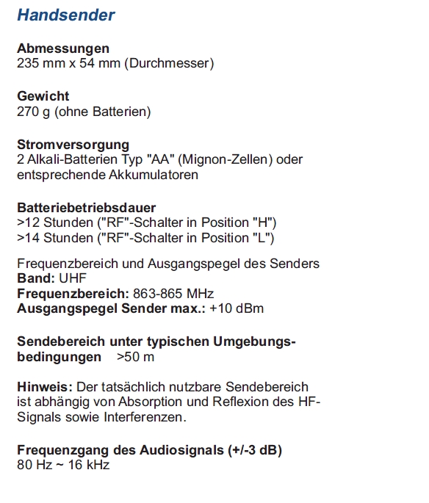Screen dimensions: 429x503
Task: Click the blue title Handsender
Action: (65, 15)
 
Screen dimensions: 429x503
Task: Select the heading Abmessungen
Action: (63, 48)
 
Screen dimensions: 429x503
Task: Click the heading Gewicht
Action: (43, 96)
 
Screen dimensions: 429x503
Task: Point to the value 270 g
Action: (34, 112)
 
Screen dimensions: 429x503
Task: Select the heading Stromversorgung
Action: (73, 145)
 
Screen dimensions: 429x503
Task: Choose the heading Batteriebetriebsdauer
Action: (86, 208)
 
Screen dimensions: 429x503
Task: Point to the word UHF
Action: (72, 279)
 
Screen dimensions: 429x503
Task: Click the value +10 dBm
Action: (237, 308)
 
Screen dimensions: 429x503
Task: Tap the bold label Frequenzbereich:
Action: (73, 294)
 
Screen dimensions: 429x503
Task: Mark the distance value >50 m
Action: (135, 358)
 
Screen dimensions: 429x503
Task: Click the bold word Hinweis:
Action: (43, 387)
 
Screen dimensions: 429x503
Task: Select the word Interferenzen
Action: (145, 417)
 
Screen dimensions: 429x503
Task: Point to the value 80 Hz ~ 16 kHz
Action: (63, 465)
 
